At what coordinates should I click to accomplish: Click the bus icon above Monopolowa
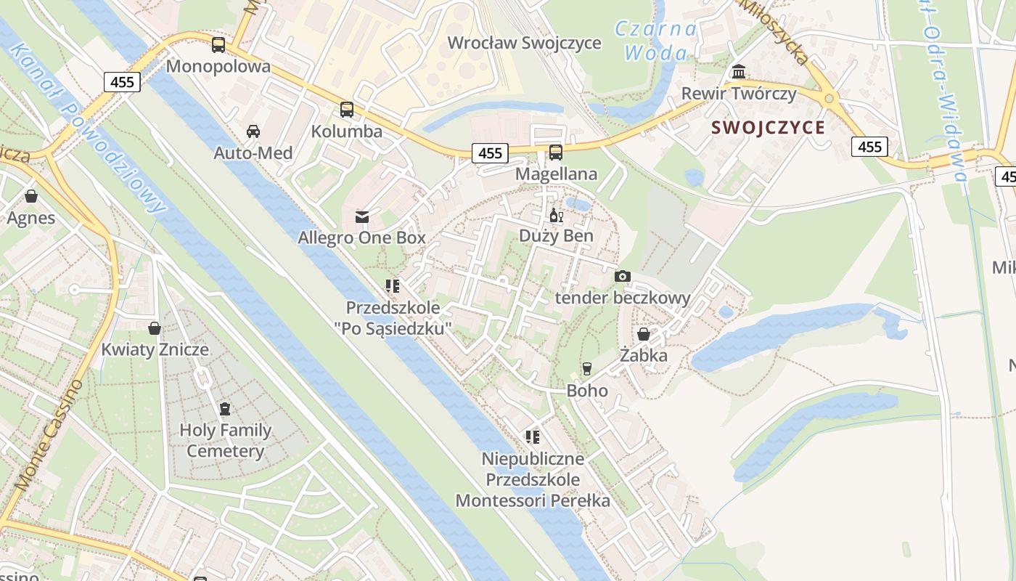coord(218,45)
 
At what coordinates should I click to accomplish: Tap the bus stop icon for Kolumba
coord(347,110)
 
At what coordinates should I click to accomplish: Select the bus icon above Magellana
coord(556,153)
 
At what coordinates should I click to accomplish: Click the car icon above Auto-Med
coord(253,131)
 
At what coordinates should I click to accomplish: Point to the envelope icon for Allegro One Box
coord(361,216)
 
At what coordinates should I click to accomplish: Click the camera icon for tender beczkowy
coord(623,276)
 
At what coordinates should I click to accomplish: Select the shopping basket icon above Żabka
coord(644,334)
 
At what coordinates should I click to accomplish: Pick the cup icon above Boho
coord(587,369)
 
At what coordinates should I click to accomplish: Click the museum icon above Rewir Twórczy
coord(739,72)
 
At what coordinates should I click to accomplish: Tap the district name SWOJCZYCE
coord(769,128)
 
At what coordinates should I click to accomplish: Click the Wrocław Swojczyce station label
coord(524,43)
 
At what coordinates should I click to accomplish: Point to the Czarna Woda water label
coord(655,41)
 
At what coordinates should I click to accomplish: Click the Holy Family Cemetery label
coord(225,440)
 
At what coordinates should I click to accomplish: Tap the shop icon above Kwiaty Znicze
coord(155,328)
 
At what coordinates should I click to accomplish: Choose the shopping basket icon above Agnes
coord(31,196)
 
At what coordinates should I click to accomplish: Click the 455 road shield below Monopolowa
coord(122,82)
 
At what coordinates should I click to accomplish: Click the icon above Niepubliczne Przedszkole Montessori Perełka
coord(533,437)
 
